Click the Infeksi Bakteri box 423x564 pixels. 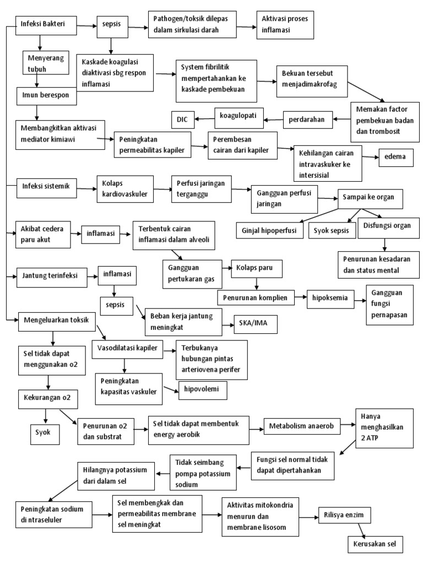coord(46,25)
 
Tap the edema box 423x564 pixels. coord(395,157)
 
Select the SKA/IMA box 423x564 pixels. coord(255,325)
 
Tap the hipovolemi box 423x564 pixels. coord(202,389)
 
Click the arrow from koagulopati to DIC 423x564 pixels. coord(205,118)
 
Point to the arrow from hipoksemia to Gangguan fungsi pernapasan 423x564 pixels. coord(360,301)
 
